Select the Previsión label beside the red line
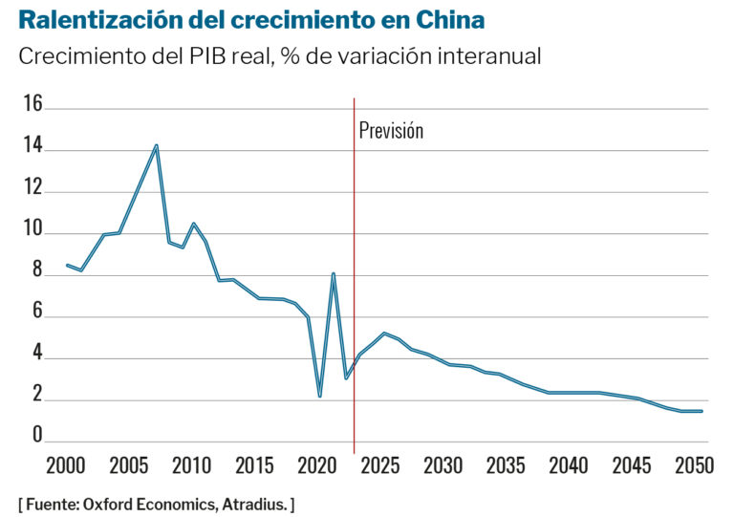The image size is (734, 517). pos(391,131)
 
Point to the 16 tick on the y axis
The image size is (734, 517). pos(32,105)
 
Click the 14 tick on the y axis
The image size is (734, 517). pos(32,147)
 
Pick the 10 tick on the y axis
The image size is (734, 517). pos(32,231)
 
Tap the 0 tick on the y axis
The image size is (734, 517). pos(37,437)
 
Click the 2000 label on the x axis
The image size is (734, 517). pos(65,467)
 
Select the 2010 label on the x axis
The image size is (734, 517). pos(191,467)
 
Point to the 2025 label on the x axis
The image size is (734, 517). pos(380,467)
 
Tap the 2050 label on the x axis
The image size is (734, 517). pos(695,467)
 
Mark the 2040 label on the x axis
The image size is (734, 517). pos(569,467)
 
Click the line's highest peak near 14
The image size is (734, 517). pos(156,146)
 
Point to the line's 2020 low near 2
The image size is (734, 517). pos(320,395)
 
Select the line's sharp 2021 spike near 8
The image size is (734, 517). pos(333,274)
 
